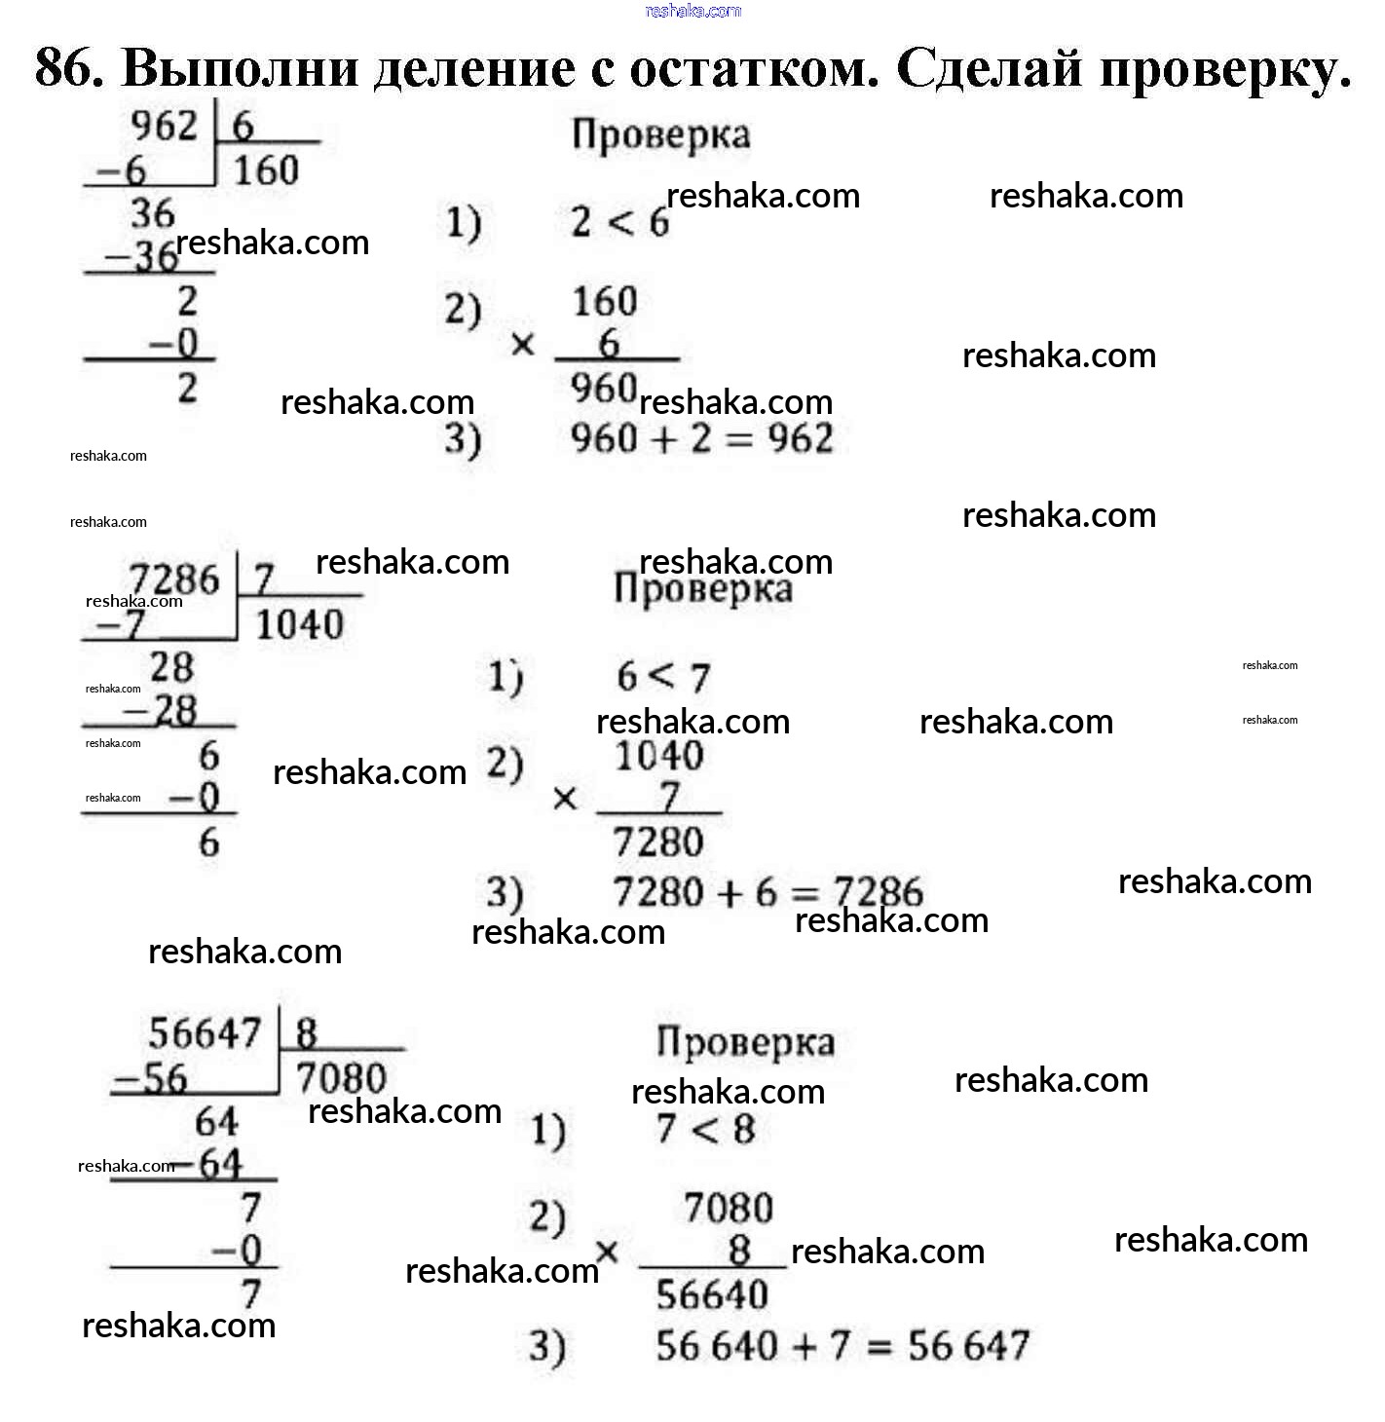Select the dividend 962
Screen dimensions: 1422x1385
(x=164, y=126)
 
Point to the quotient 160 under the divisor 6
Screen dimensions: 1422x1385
(x=266, y=170)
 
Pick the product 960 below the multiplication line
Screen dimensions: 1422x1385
(x=604, y=389)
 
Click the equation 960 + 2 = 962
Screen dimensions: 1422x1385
(x=701, y=439)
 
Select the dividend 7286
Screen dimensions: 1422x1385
(x=175, y=580)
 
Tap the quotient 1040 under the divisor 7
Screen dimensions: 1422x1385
(x=299, y=624)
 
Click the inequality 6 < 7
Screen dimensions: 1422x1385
(x=663, y=676)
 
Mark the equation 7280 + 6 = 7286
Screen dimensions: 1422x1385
(x=767, y=892)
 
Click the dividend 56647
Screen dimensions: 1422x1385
(x=206, y=1033)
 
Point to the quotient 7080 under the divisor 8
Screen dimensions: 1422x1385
(x=341, y=1078)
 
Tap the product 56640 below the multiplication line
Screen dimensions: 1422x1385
(x=712, y=1295)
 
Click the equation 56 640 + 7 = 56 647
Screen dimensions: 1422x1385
(x=842, y=1346)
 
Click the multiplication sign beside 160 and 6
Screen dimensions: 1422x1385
(x=523, y=345)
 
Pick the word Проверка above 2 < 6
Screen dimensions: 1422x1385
(x=661, y=135)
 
